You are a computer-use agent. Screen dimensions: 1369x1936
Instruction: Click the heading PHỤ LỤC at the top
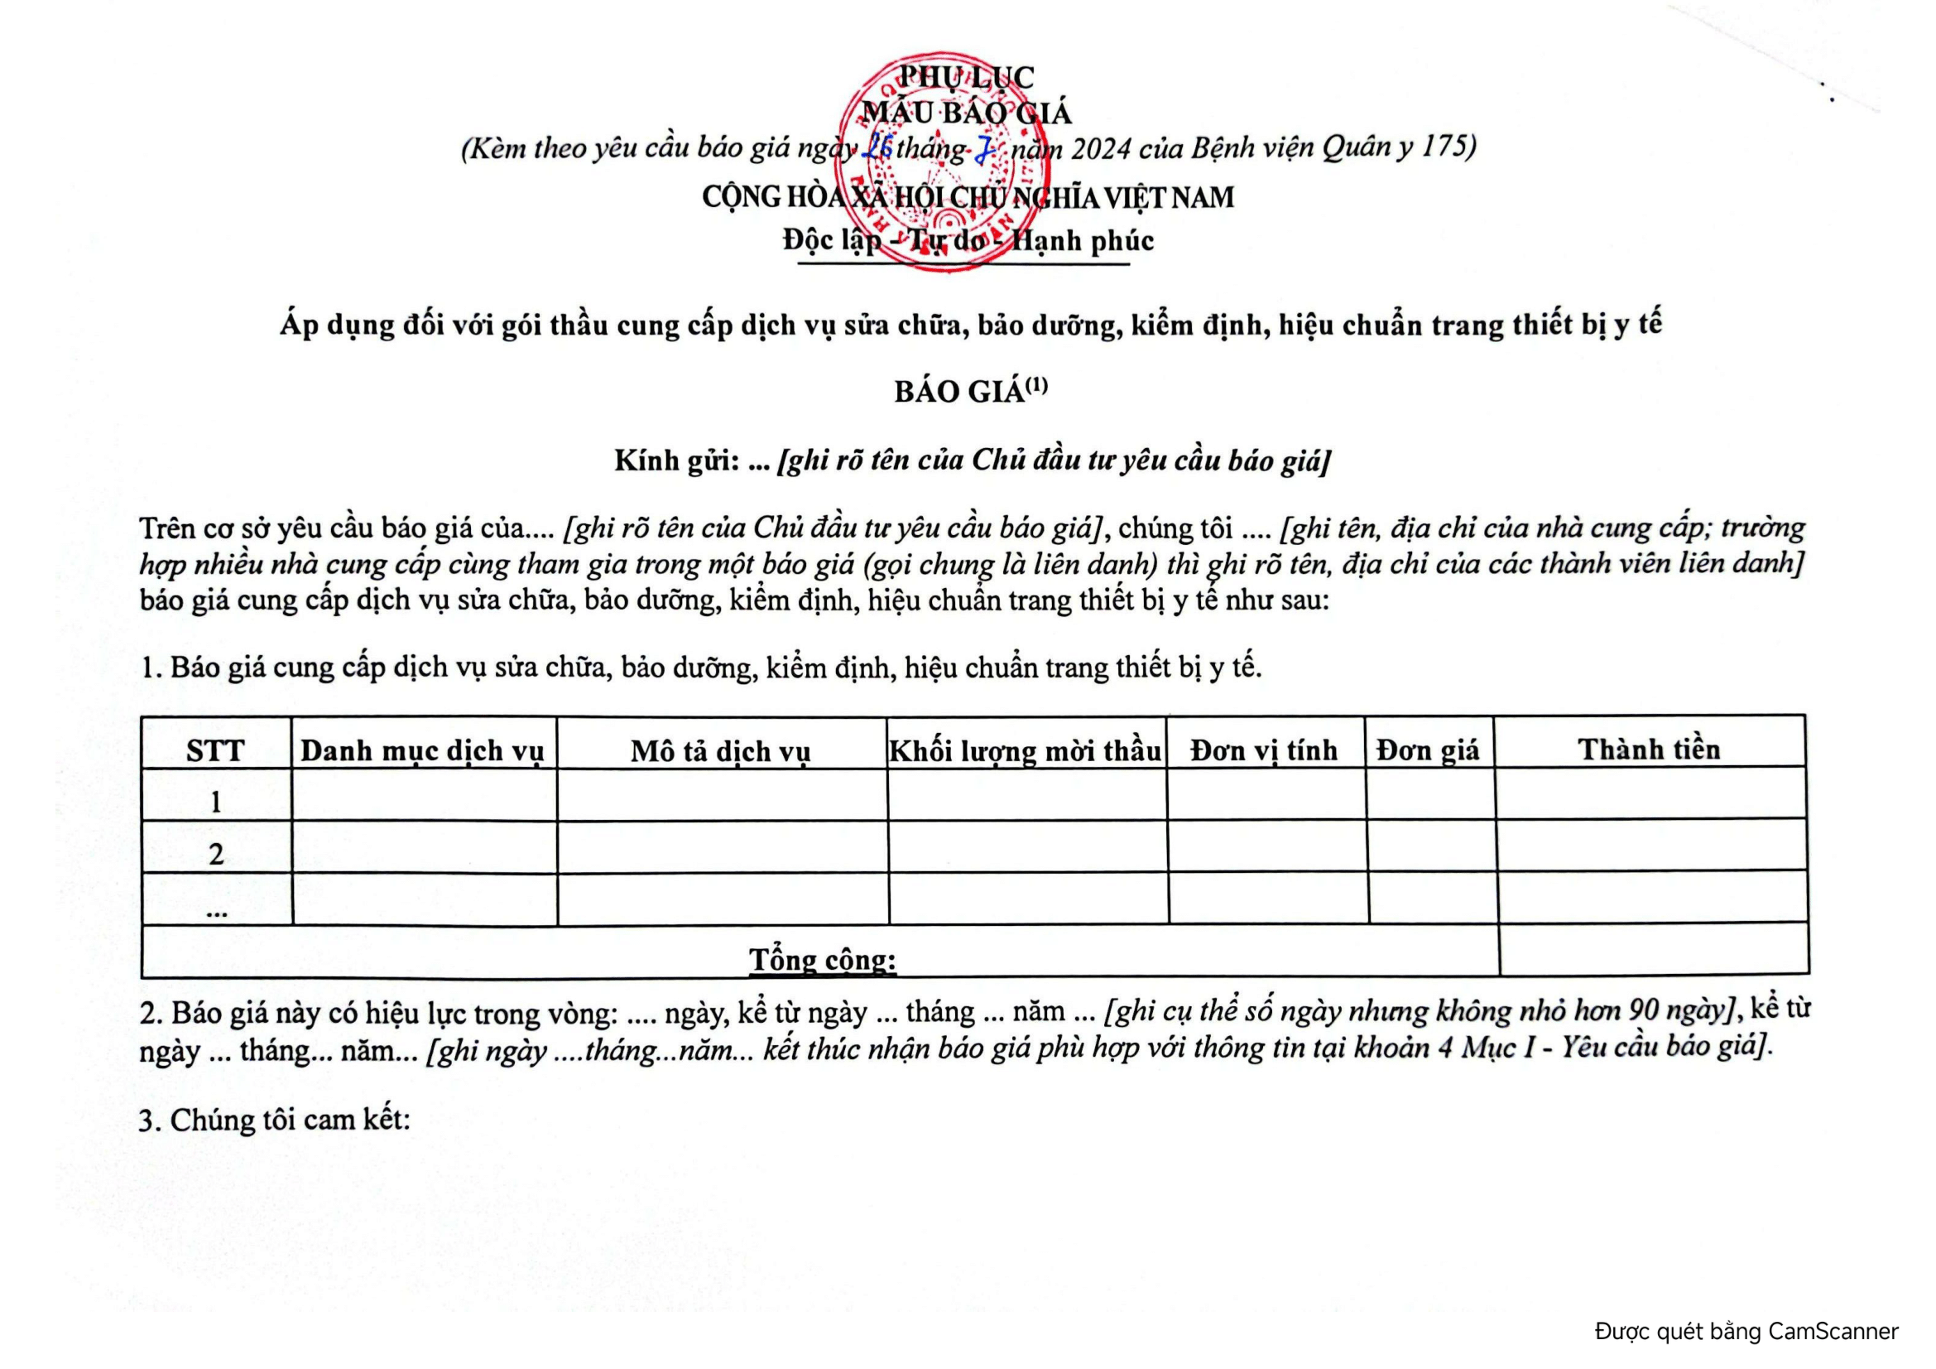point(965,77)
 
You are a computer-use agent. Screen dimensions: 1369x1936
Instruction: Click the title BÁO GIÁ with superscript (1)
point(970,392)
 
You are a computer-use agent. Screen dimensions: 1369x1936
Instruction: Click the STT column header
point(215,750)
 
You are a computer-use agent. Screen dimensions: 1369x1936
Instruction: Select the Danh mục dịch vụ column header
point(422,750)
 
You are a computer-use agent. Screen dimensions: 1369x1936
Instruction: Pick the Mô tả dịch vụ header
point(720,750)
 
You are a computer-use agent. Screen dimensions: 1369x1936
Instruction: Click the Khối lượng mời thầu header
point(1026,750)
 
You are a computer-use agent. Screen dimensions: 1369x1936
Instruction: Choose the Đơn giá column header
point(1428,750)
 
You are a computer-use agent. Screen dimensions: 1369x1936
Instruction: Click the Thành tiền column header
point(1649,749)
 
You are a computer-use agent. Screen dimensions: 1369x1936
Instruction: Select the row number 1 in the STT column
point(216,802)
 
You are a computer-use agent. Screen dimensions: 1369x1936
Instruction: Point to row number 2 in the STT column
point(216,855)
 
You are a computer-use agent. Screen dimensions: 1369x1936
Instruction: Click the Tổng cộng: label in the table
point(822,959)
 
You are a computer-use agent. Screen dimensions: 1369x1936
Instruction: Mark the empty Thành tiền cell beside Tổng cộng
point(1653,950)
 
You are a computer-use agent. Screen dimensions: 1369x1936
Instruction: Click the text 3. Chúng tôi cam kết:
point(274,1121)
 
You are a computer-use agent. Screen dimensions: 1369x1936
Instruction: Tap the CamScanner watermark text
point(1746,1331)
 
